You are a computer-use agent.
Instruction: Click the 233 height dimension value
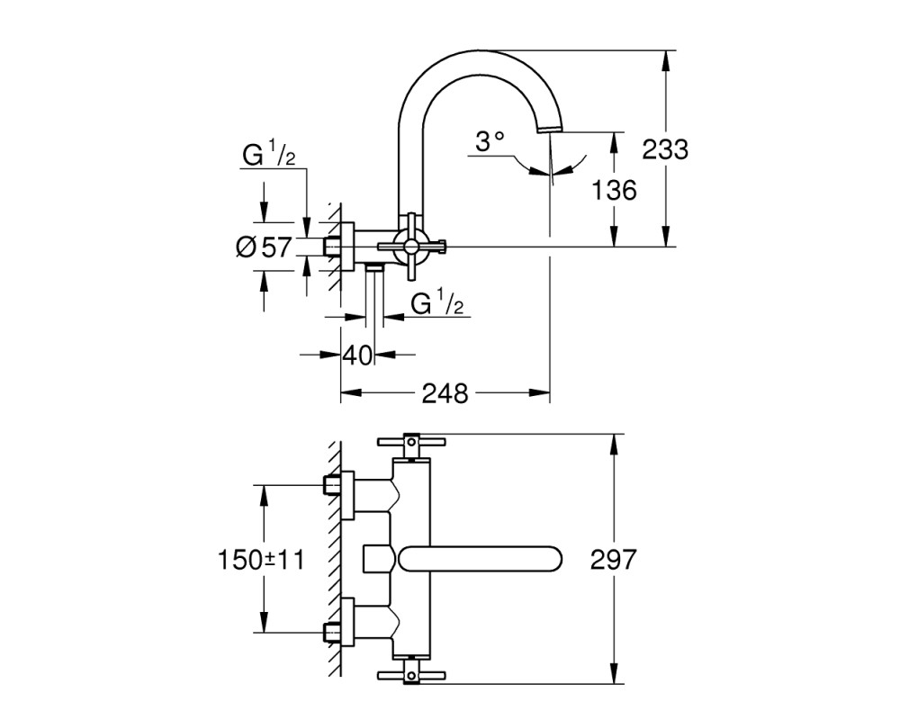coord(665,149)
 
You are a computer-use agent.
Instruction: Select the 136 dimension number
coord(614,190)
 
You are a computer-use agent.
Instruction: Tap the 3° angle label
coord(490,141)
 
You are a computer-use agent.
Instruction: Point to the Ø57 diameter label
coord(264,247)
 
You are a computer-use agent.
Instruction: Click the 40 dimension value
coord(357,355)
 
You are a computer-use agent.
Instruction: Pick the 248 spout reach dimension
coord(445,393)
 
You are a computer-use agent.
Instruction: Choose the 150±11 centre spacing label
coord(261,559)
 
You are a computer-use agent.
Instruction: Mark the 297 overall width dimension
coord(614,559)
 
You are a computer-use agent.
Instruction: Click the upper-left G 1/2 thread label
coord(268,155)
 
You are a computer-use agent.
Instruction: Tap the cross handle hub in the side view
coord(411,247)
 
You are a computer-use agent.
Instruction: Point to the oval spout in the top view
coord(480,559)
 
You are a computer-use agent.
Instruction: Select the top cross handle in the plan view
coord(411,442)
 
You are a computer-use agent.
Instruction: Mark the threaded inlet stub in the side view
coord(331,247)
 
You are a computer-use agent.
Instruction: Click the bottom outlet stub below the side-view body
coord(374,267)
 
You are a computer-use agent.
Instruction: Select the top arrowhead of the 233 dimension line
coord(665,61)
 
